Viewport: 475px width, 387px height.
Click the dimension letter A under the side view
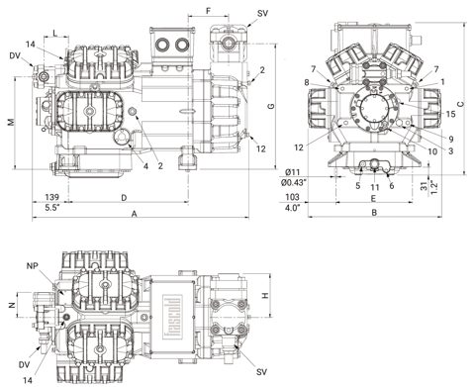click(134, 214)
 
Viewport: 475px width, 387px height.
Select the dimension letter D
click(124, 198)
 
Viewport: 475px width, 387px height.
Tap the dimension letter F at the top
click(208, 11)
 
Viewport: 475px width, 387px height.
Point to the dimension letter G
click(271, 106)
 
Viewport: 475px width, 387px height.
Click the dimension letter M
click(12, 122)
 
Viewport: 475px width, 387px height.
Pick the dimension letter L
click(55, 33)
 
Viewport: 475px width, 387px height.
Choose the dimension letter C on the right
click(461, 104)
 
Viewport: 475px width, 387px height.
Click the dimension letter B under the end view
click(374, 213)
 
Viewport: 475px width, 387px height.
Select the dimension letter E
click(373, 198)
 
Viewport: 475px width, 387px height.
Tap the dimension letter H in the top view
click(265, 296)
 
